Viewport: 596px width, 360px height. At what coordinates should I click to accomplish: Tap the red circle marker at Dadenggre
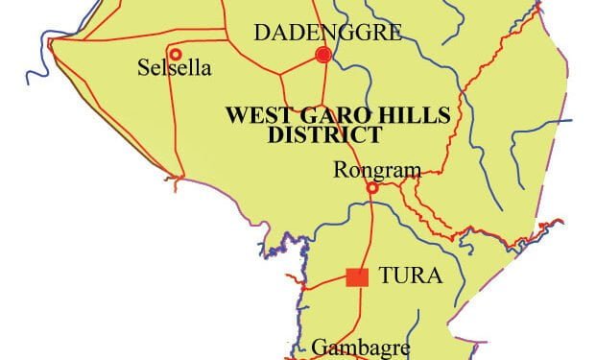tap(323, 56)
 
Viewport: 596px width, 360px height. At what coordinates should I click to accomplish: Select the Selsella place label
tap(175, 70)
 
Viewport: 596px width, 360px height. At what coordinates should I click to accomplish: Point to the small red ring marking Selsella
tap(175, 53)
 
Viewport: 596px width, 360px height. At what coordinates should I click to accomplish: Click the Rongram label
tap(376, 171)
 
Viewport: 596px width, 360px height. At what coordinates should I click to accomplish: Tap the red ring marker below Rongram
tap(372, 188)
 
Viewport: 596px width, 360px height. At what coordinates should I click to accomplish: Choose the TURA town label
tap(410, 277)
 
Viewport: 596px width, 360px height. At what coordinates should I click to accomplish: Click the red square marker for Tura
tap(357, 277)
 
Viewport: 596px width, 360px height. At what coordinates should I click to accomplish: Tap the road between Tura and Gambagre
tap(360, 312)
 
